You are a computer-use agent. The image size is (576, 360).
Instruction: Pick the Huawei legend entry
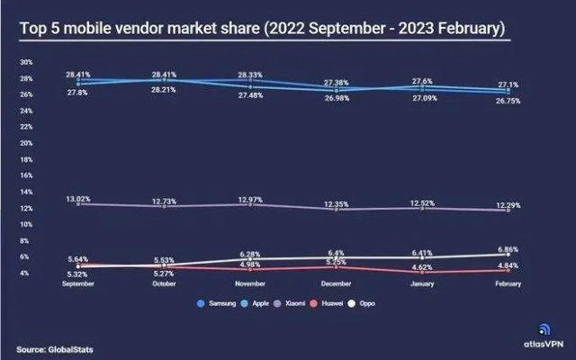(357, 303)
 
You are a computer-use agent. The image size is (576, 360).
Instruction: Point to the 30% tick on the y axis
(26, 62)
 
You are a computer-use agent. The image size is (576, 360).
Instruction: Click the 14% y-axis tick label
(26, 191)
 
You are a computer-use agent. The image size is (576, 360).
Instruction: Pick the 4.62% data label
(423, 268)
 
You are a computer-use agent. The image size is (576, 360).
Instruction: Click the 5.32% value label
(77, 273)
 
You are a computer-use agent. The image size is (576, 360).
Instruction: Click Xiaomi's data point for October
(164, 206)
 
